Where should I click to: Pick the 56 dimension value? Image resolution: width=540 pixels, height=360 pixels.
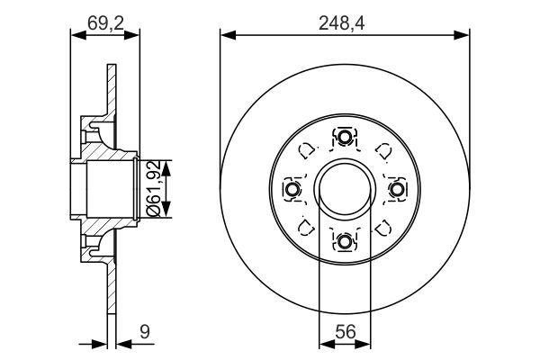coord(346,332)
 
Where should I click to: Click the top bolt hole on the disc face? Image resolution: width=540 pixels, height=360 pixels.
coord(345,137)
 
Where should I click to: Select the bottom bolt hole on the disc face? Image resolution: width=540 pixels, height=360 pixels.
coord(345,241)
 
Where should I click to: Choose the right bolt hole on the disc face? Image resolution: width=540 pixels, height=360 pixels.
coord(397,189)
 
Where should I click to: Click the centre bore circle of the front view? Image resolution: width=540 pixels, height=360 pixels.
coord(345,189)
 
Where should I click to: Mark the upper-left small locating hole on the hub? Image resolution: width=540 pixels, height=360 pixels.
coord(306,150)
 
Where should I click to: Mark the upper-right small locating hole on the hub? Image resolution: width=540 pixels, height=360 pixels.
coord(383,150)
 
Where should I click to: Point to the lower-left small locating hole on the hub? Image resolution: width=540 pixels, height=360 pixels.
coord(306,227)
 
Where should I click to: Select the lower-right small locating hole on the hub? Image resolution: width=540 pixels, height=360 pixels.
coord(383,227)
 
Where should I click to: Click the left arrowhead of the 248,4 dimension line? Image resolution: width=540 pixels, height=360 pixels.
coord(226,35)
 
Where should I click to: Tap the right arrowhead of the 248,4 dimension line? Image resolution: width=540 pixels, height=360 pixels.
coord(465,35)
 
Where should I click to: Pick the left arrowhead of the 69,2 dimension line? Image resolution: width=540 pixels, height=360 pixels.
coord(75,35)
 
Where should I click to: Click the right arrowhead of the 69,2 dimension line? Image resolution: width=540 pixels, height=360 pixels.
coord(136,35)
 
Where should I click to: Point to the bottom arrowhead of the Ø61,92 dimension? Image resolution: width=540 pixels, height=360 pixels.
coord(166,215)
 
